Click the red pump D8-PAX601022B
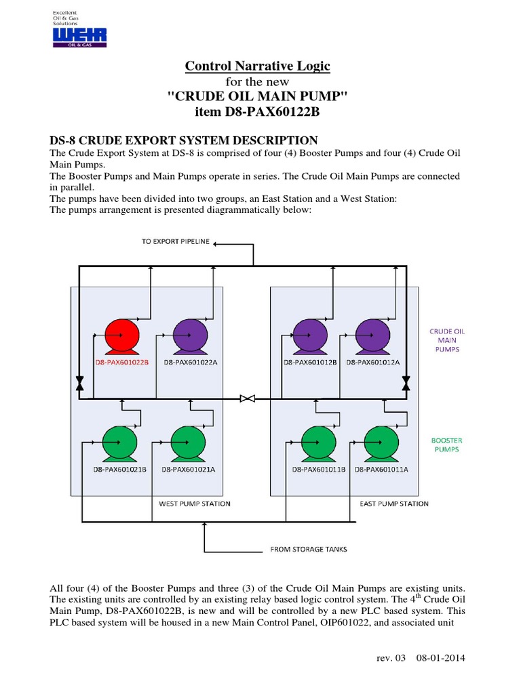click(122, 335)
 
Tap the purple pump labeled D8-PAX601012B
click(310, 335)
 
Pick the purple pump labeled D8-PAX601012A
click(372, 335)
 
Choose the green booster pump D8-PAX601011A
click(381, 443)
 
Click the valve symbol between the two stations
click(248, 399)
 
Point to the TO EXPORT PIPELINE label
click(176, 241)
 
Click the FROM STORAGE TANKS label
click(309, 549)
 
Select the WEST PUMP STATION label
click(195, 504)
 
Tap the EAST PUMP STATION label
click(395, 504)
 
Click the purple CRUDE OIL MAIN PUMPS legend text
click(447, 340)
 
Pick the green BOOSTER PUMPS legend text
click(447, 445)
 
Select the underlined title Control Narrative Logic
click(258, 66)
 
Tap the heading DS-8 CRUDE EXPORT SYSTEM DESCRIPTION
click(184, 140)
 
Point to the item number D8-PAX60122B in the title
click(258, 110)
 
